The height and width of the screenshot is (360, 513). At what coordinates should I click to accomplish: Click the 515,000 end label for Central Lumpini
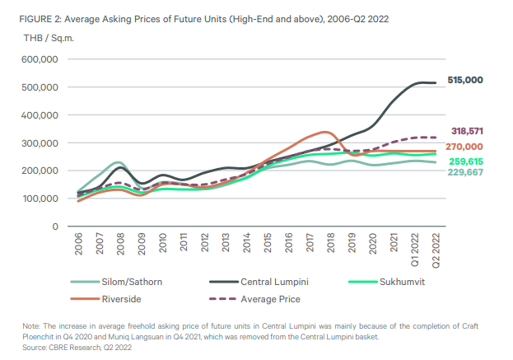[x=464, y=80]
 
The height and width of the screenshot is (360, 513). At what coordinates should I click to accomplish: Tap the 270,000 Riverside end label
[x=464, y=147]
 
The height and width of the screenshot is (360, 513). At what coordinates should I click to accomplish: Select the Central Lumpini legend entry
[x=267, y=281]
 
